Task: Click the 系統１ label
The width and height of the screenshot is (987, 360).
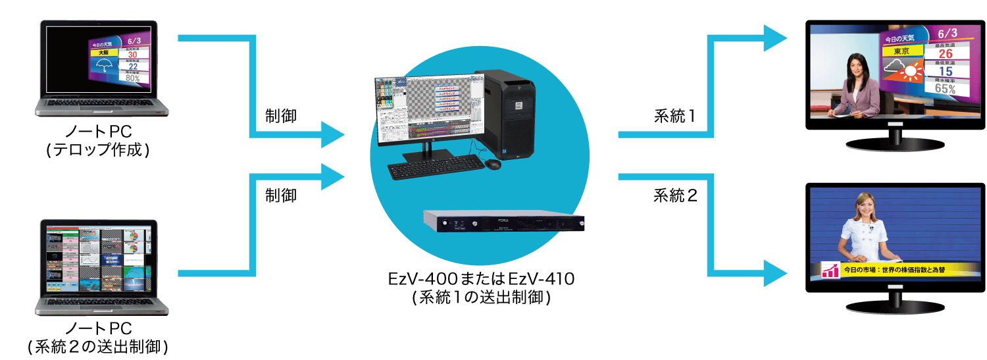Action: tap(674, 116)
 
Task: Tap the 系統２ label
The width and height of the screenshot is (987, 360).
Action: tap(674, 195)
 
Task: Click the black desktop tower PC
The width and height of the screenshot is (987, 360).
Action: tap(505, 113)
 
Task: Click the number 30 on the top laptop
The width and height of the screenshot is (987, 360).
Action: tap(132, 55)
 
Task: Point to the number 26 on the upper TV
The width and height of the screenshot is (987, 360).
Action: tap(946, 53)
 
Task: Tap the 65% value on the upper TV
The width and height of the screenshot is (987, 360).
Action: tap(945, 89)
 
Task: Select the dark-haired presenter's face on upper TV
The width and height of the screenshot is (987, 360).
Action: tap(853, 64)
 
